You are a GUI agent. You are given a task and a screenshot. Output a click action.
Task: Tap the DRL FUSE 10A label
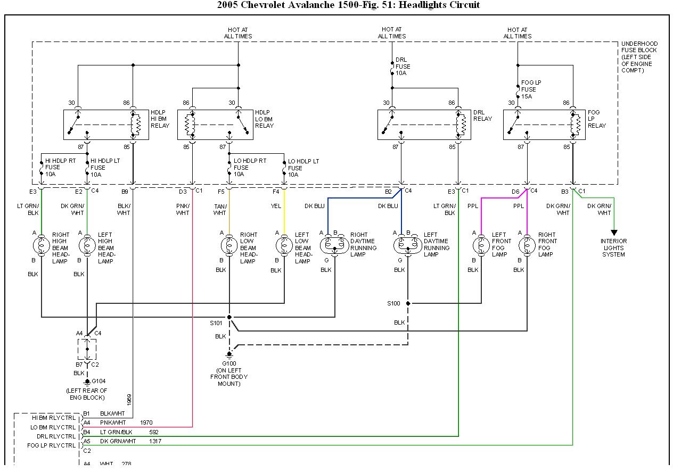[403, 67]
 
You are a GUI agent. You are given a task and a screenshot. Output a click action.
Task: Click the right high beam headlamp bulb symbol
[41, 245]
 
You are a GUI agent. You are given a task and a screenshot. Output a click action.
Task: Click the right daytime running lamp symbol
[335, 245]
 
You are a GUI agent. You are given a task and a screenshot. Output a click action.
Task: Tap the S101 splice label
[216, 322]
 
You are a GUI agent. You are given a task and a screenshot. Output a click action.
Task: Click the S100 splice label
[394, 303]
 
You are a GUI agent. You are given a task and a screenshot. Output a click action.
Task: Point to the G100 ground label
[229, 363]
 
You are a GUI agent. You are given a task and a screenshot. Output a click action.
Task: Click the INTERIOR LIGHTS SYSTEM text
[614, 247]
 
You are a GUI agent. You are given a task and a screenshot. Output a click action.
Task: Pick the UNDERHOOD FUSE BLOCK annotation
[639, 57]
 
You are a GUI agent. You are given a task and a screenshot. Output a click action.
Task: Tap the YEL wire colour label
[276, 206]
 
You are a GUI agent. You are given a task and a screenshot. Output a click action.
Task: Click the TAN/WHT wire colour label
[220, 210]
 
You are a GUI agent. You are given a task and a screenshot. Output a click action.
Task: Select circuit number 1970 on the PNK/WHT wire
[146, 423]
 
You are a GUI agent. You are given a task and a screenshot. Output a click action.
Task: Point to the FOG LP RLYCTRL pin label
[52, 445]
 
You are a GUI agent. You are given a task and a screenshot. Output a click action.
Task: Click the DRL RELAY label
[483, 115]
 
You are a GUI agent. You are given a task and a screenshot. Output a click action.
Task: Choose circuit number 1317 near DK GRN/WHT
[155, 441]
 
